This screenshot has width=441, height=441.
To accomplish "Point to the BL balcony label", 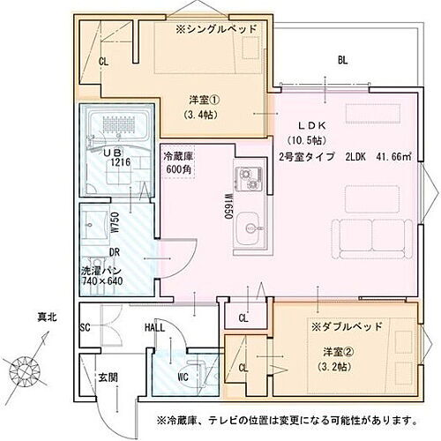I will pyautogui.click(x=342, y=61).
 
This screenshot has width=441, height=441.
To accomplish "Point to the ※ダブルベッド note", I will pyautogui.click(x=346, y=325).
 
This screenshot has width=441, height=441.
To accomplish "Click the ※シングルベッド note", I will pyautogui.click(x=216, y=29).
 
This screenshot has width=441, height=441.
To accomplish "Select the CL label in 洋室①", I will pyautogui.click(x=103, y=62).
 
